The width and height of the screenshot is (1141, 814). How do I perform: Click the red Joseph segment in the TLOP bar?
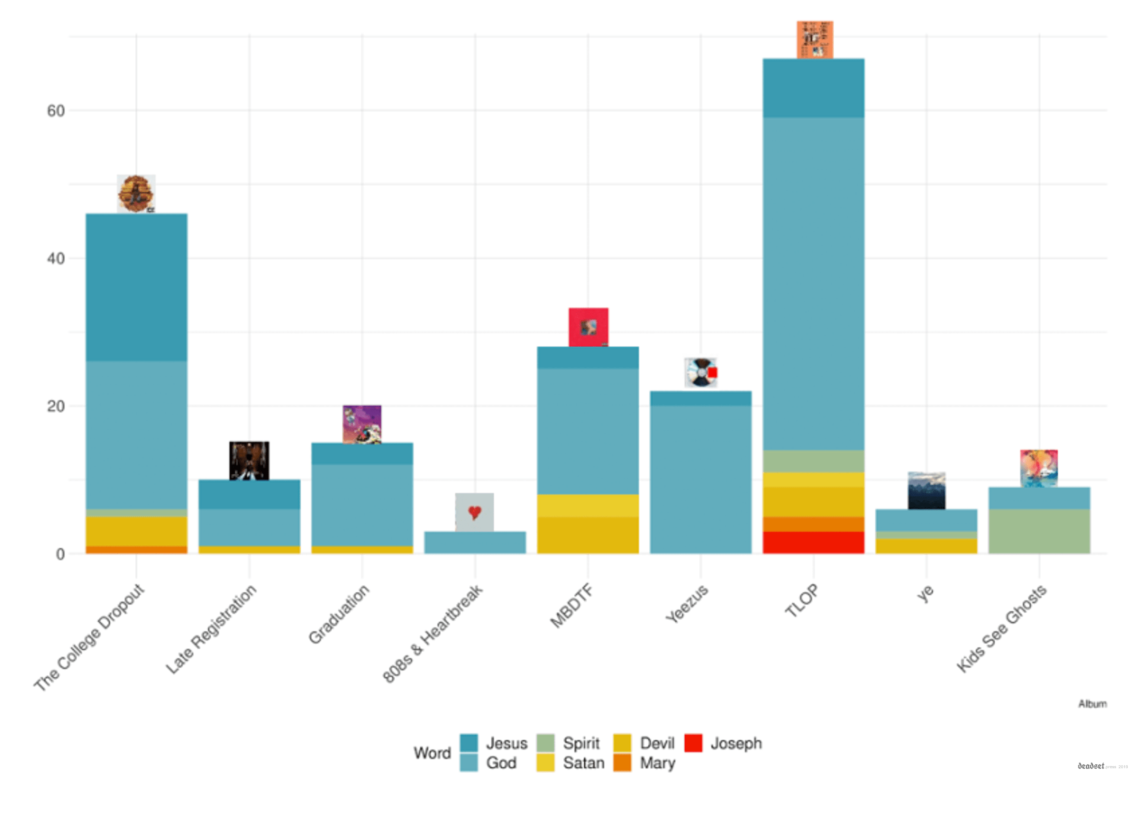point(813,542)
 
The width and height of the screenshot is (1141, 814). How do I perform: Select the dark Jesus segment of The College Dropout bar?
point(136,287)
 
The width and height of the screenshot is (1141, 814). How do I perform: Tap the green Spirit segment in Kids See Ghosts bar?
point(1038,531)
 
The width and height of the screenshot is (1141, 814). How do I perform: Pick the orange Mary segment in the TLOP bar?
point(813,524)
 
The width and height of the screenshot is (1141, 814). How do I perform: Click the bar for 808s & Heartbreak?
point(474,542)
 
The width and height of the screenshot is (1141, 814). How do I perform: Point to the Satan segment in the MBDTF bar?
point(588,505)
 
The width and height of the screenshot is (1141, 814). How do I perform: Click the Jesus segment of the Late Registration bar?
point(249,494)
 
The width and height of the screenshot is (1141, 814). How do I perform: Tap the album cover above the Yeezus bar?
point(701,372)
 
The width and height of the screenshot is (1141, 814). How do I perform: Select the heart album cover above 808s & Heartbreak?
point(474,511)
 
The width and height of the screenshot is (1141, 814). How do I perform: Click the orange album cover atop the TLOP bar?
point(814,40)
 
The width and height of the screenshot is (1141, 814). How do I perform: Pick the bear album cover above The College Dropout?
point(136,193)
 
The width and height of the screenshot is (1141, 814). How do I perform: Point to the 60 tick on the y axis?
point(56,111)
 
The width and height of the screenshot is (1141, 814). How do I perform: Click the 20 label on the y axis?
point(56,406)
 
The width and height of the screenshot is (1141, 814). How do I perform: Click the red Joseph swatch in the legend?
point(693,743)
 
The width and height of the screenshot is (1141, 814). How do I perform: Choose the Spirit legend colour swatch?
point(545,743)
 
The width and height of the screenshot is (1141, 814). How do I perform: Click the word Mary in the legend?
point(657,763)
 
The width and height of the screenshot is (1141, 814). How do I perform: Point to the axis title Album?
point(1092,704)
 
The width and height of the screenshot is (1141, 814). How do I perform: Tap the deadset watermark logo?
point(1091,766)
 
